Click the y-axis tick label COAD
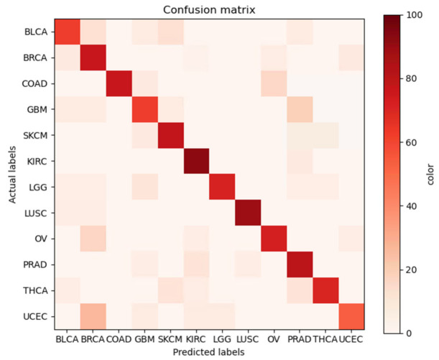coord(34,84)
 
